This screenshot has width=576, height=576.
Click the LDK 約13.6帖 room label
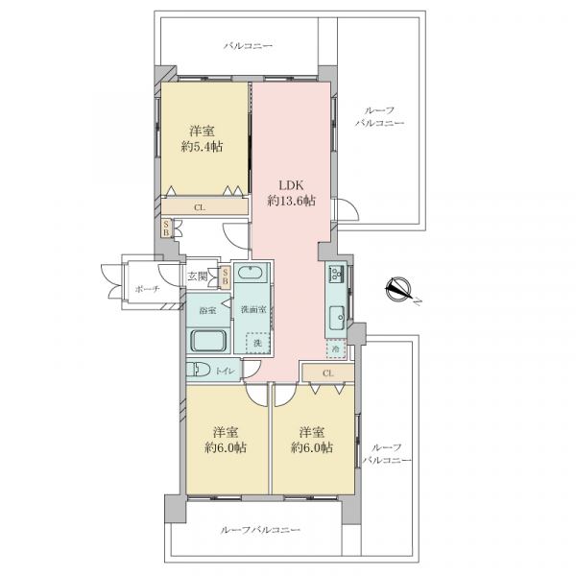click(x=291, y=193)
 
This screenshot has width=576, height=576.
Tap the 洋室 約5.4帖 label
click(x=202, y=139)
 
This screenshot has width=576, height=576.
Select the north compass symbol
click(x=399, y=289)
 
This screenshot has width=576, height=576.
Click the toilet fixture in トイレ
click(x=198, y=370)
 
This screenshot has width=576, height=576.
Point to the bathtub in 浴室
click(x=208, y=341)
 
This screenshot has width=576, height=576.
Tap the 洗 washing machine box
click(x=258, y=343)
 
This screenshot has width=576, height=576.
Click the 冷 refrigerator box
click(x=336, y=348)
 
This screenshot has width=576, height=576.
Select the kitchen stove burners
click(x=337, y=274)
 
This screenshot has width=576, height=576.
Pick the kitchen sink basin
click(x=337, y=318)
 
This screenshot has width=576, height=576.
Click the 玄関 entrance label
click(x=197, y=276)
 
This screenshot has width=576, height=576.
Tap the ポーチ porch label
click(x=147, y=289)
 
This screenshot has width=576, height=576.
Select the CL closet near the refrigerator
click(x=328, y=373)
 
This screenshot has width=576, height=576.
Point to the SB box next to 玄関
click(x=226, y=276)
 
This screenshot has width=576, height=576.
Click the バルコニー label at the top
click(x=249, y=46)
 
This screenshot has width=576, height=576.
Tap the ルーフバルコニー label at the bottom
click(x=260, y=530)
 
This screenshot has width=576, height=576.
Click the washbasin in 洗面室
click(x=250, y=274)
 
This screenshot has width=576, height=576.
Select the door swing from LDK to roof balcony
click(x=348, y=209)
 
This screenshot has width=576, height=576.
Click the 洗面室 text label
click(x=253, y=310)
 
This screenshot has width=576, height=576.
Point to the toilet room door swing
click(x=252, y=370)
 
